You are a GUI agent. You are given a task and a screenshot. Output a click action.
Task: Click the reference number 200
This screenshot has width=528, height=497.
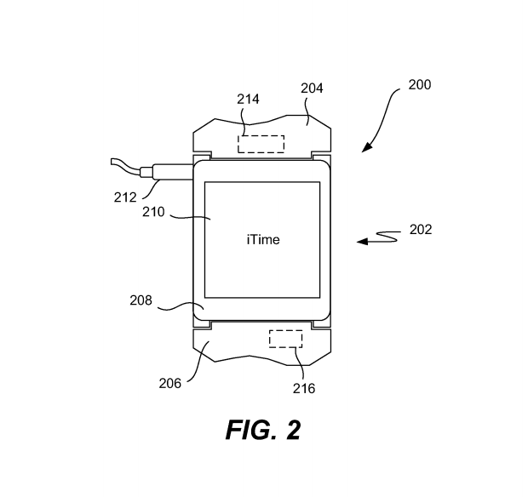coord(420,85)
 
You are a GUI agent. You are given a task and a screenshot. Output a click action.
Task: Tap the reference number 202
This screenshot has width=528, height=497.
coord(421,230)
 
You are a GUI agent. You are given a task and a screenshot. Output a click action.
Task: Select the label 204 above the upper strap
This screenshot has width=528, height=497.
coord(312,89)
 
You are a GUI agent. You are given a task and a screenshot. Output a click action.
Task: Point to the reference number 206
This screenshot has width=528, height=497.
coord(170,383)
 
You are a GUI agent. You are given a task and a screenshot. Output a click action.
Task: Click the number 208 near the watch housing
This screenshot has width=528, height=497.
coord(141,300)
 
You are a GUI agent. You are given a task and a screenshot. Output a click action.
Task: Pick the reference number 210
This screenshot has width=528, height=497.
coord(153,212)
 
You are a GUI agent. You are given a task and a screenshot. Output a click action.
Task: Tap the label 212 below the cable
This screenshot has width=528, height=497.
coord(125,197)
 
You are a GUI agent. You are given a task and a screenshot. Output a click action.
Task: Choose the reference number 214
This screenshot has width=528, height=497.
coord(248,100)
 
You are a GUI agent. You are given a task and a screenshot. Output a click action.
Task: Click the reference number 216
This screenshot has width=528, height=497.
coord(304,389)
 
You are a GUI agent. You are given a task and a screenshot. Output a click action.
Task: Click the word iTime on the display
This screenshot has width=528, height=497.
coord(263,240)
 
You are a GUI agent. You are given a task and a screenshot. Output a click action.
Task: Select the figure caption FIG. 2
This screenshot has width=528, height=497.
coord(263,430)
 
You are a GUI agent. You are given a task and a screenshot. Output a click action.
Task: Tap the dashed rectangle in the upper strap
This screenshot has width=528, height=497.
coord(261,144)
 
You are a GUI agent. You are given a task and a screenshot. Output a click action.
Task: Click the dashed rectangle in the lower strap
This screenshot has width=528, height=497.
coord(285,339)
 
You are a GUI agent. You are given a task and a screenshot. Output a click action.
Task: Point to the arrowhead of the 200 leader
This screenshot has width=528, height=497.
coord(367,148)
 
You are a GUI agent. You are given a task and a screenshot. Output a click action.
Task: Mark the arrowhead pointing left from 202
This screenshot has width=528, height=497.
coord(362,241)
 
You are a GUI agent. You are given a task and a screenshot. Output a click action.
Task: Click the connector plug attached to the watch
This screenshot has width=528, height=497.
coord(167,172)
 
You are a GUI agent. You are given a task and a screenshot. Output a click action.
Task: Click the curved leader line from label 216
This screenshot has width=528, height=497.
coord(301,364)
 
